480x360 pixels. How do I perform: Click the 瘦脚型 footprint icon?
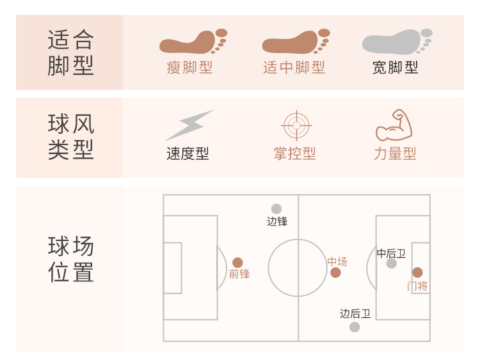[193, 42]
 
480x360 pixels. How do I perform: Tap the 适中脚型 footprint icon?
[295, 42]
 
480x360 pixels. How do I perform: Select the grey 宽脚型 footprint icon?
[397, 42]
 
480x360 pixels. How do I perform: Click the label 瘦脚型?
[189, 68]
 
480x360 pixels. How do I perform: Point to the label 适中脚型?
[294, 68]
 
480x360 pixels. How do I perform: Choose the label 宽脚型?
[396, 68]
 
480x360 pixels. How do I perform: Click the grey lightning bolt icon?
[188, 125]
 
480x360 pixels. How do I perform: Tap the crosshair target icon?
[295, 125]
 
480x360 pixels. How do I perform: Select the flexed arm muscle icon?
[394, 125]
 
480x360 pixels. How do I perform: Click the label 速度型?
[188, 154]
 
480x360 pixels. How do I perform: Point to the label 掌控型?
[294, 154]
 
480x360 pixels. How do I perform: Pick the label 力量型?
[396, 154]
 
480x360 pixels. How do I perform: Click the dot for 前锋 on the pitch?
[237, 263]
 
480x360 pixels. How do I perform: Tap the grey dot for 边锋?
[276, 208]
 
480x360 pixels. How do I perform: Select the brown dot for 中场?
[335, 273]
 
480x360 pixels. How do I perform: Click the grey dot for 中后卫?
[391, 263]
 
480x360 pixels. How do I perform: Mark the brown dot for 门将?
[417, 272]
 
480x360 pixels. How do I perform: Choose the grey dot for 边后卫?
[355, 327]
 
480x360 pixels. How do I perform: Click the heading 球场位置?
[70, 259]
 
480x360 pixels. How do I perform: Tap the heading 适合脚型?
[70, 52]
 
